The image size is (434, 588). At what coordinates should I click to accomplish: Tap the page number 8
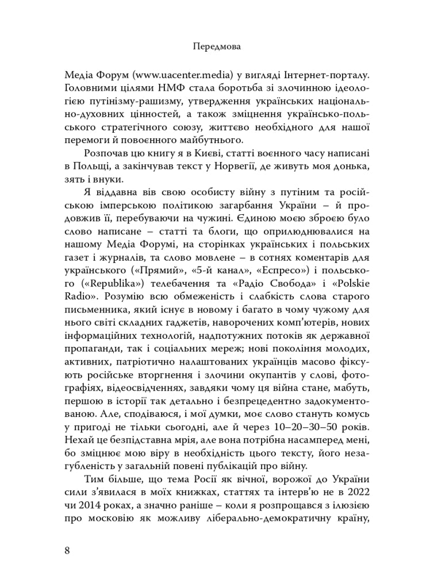click(68, 550)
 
